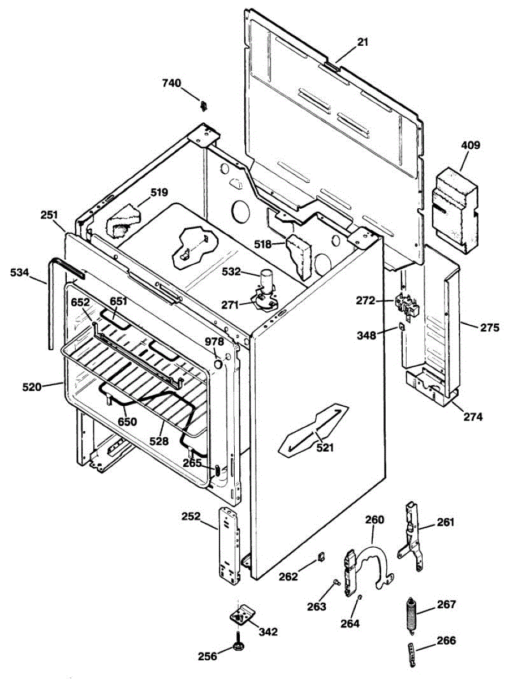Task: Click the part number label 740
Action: [171, 84]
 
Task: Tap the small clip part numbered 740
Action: [204, 105]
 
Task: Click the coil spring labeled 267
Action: [411, 613]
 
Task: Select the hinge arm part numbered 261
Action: [412, 532]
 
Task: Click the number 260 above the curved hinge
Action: [374, 519]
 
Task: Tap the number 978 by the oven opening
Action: [214, 342]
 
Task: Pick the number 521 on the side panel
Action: [325, 448]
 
